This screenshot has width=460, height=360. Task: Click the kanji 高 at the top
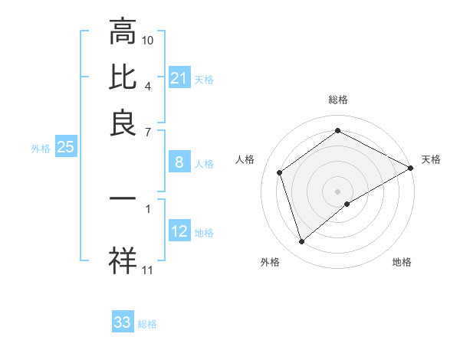pos(123,32)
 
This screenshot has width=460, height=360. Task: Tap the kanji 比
pos(123,78)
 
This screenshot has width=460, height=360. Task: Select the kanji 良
pos(123,123)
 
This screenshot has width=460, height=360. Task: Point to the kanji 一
pos(123,198)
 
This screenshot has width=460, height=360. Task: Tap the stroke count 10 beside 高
pos(148,40)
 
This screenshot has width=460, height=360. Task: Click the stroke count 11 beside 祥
pos(148,270)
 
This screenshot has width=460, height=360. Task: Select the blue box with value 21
pos(179,78)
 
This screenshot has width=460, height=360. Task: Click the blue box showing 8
pos(179,162)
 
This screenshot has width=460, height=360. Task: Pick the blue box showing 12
pos(179,231)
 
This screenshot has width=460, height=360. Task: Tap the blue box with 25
pos(65,147)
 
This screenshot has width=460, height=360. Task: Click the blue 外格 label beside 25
pos(40,149)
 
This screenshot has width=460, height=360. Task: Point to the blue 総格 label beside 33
pos(147,324)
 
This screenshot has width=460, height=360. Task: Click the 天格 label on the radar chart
pos(431,159)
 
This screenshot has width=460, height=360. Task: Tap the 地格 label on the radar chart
pos(402,262)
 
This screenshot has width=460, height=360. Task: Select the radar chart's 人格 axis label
pos(245,159)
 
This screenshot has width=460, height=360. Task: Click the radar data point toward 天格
pos(412,169)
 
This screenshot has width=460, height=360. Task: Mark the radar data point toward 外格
pos(302,242)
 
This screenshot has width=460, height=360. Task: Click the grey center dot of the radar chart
pos(338,191)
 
